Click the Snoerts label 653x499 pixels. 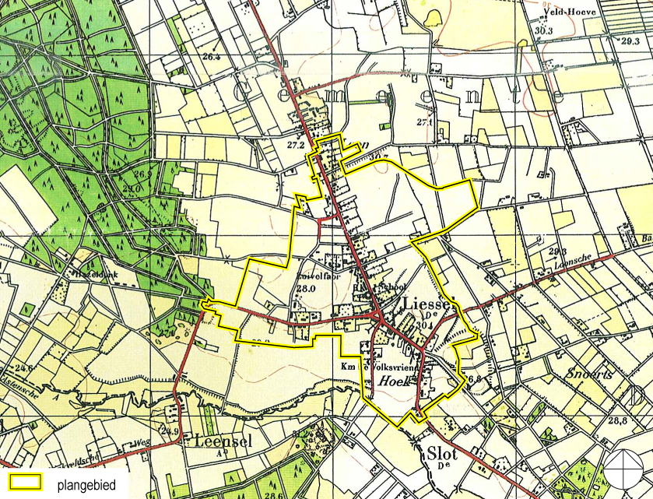[591, 373]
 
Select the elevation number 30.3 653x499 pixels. [542, 30]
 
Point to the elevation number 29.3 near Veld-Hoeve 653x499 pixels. [630, 40]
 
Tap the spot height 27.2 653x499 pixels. [296, 145]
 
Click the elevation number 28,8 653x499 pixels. [618, 420]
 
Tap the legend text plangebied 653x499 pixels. [86, 484]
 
